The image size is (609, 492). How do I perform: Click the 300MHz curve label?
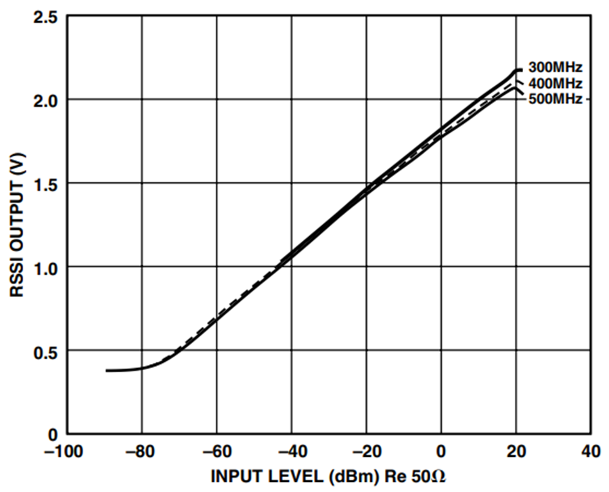[556, 68]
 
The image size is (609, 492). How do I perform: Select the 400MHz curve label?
[556, 83]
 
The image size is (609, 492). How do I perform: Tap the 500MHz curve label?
[556, 99]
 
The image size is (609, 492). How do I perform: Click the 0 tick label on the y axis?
[52, 435]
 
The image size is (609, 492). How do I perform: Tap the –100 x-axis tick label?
[64, 451]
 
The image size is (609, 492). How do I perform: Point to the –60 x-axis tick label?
[217, 451]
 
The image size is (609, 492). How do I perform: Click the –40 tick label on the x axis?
[291, 451]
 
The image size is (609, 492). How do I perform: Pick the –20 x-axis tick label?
[366, 451]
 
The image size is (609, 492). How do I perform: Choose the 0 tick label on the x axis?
[441, 451]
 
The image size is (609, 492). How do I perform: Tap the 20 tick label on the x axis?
[516, 451]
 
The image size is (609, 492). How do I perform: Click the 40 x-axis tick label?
[591, 451]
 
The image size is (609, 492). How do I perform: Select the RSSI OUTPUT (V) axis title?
[17, 225]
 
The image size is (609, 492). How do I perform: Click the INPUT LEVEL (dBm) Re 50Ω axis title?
[328, 476]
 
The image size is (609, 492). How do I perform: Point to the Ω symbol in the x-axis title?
[438, 476]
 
